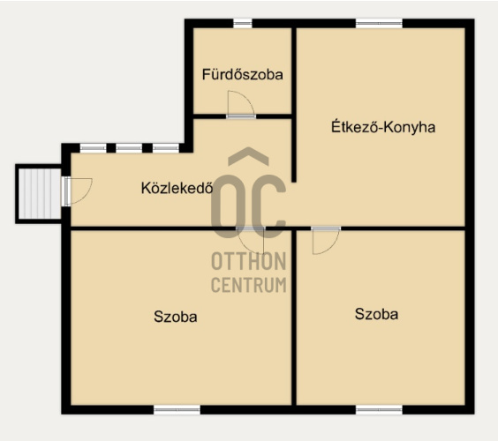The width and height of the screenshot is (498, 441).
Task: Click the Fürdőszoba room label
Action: click(x=243, y=75)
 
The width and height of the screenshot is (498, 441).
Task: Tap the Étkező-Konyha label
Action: click(x=383, y=127)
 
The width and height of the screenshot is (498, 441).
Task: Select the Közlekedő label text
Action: click(x=177, y=188)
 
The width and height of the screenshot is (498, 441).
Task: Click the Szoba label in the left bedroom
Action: click(x=176, y=317)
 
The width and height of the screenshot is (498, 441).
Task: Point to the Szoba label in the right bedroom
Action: click(x=376, y=314)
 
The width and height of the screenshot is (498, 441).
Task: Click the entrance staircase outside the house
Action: click(x=39, y=193)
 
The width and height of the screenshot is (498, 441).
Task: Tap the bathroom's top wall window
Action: click(x=243, y=23)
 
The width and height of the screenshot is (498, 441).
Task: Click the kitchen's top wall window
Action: click(x=379, y=23)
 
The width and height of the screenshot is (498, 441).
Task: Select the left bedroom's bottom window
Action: click(x=177, y=409)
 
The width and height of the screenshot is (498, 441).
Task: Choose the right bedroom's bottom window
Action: click(x=379, y=409)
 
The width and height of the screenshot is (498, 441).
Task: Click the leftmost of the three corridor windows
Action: click(x=93, y=148)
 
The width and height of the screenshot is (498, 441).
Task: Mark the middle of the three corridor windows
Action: click(x=129, y=148)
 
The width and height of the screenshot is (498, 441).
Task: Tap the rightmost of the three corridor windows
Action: click(x=165, y=148)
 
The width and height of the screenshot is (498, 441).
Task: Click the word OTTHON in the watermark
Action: click(x=249, y=261)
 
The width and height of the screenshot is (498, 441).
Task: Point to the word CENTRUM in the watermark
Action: click(x=249, y=285)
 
